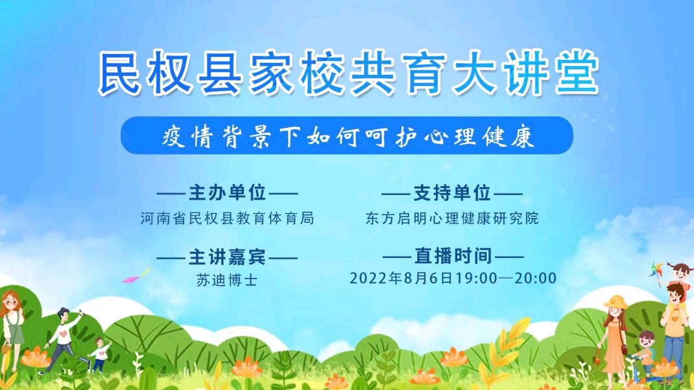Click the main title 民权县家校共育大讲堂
pyautogui.click(x=348, y=73)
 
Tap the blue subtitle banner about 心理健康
pyautogui.click(x=347, y=135)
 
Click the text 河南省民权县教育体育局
pyautogui.click(x=227, y=218)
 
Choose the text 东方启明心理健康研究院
pyautogui.click(x=452, y=218)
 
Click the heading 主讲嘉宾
pyautogui.click(x=227, y=256)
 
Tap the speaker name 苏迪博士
pyautogui.click(x=227, y=280)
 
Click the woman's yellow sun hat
pyautogui.click(x=616, y=302)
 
